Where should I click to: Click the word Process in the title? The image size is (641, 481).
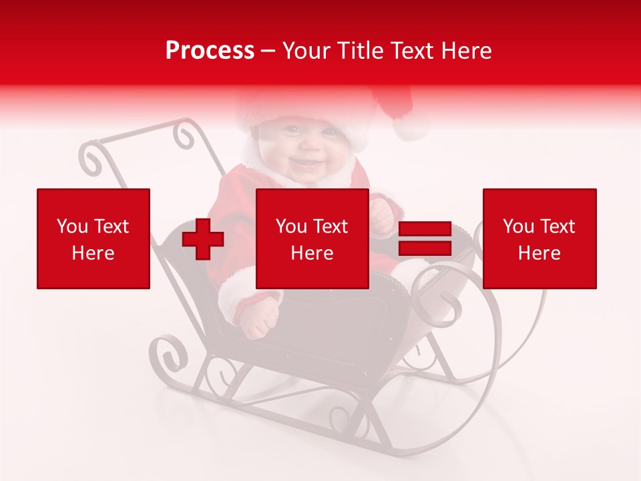coord(210,51)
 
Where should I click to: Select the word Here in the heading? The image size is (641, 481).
coord(465,51)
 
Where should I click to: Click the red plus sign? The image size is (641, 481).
coord(203,239)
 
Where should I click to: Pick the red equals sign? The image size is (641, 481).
coord(425,239)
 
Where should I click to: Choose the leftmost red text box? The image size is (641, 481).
coord(93,238)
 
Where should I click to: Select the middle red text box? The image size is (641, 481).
coord(312,238)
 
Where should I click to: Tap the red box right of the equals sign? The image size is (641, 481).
coord(540,238)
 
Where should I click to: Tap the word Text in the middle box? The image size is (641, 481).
coord(331,226)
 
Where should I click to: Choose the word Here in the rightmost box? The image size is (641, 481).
coord(540,253)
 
